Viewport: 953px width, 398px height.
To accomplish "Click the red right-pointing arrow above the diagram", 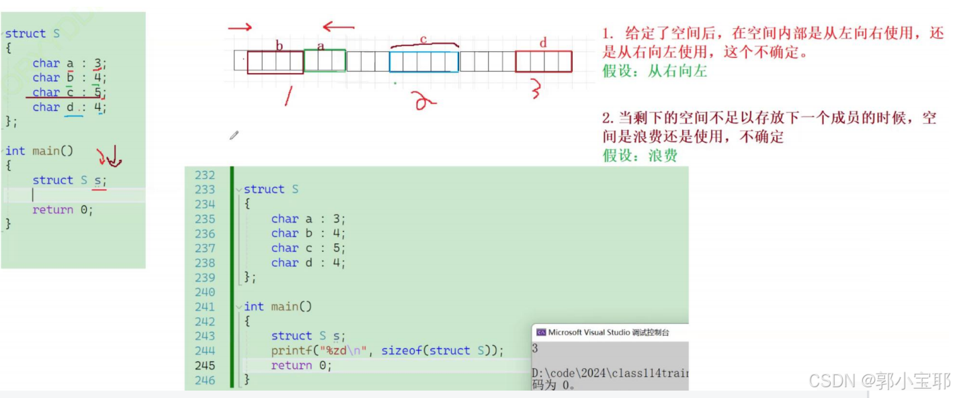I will click(240, 28).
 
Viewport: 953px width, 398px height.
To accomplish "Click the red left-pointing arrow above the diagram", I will click(338, 28).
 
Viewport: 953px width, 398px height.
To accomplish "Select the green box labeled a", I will click(325, 61).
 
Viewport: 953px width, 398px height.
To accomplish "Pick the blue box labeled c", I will click(424, 62).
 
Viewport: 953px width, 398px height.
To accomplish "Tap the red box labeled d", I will click(544, 61).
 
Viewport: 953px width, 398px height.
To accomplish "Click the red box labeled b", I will click(276, 62).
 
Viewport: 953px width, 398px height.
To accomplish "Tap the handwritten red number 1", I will click(288, 97).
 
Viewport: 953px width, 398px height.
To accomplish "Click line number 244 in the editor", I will click(204, 351).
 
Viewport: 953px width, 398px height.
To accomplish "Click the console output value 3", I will click(535, 349).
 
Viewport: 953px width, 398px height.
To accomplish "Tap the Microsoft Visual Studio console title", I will click(609, 332).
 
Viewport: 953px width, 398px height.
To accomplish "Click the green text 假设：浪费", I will click(640, 156).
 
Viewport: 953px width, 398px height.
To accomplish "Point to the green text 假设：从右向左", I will click(655, 71).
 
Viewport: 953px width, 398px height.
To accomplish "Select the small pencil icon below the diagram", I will click(234, 136).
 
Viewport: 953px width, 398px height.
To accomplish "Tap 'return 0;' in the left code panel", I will click(63, 210).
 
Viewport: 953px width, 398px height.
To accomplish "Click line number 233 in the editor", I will click(204, 190).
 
